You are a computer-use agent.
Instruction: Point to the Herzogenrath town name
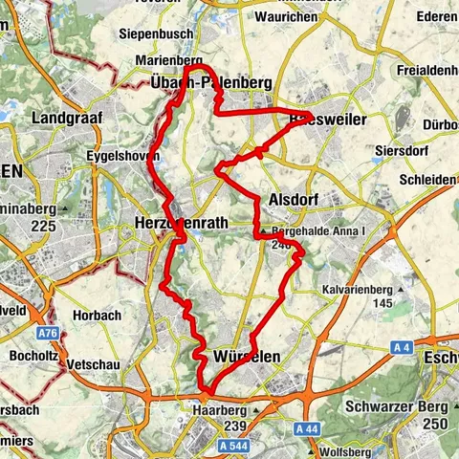(x=181, y=221)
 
